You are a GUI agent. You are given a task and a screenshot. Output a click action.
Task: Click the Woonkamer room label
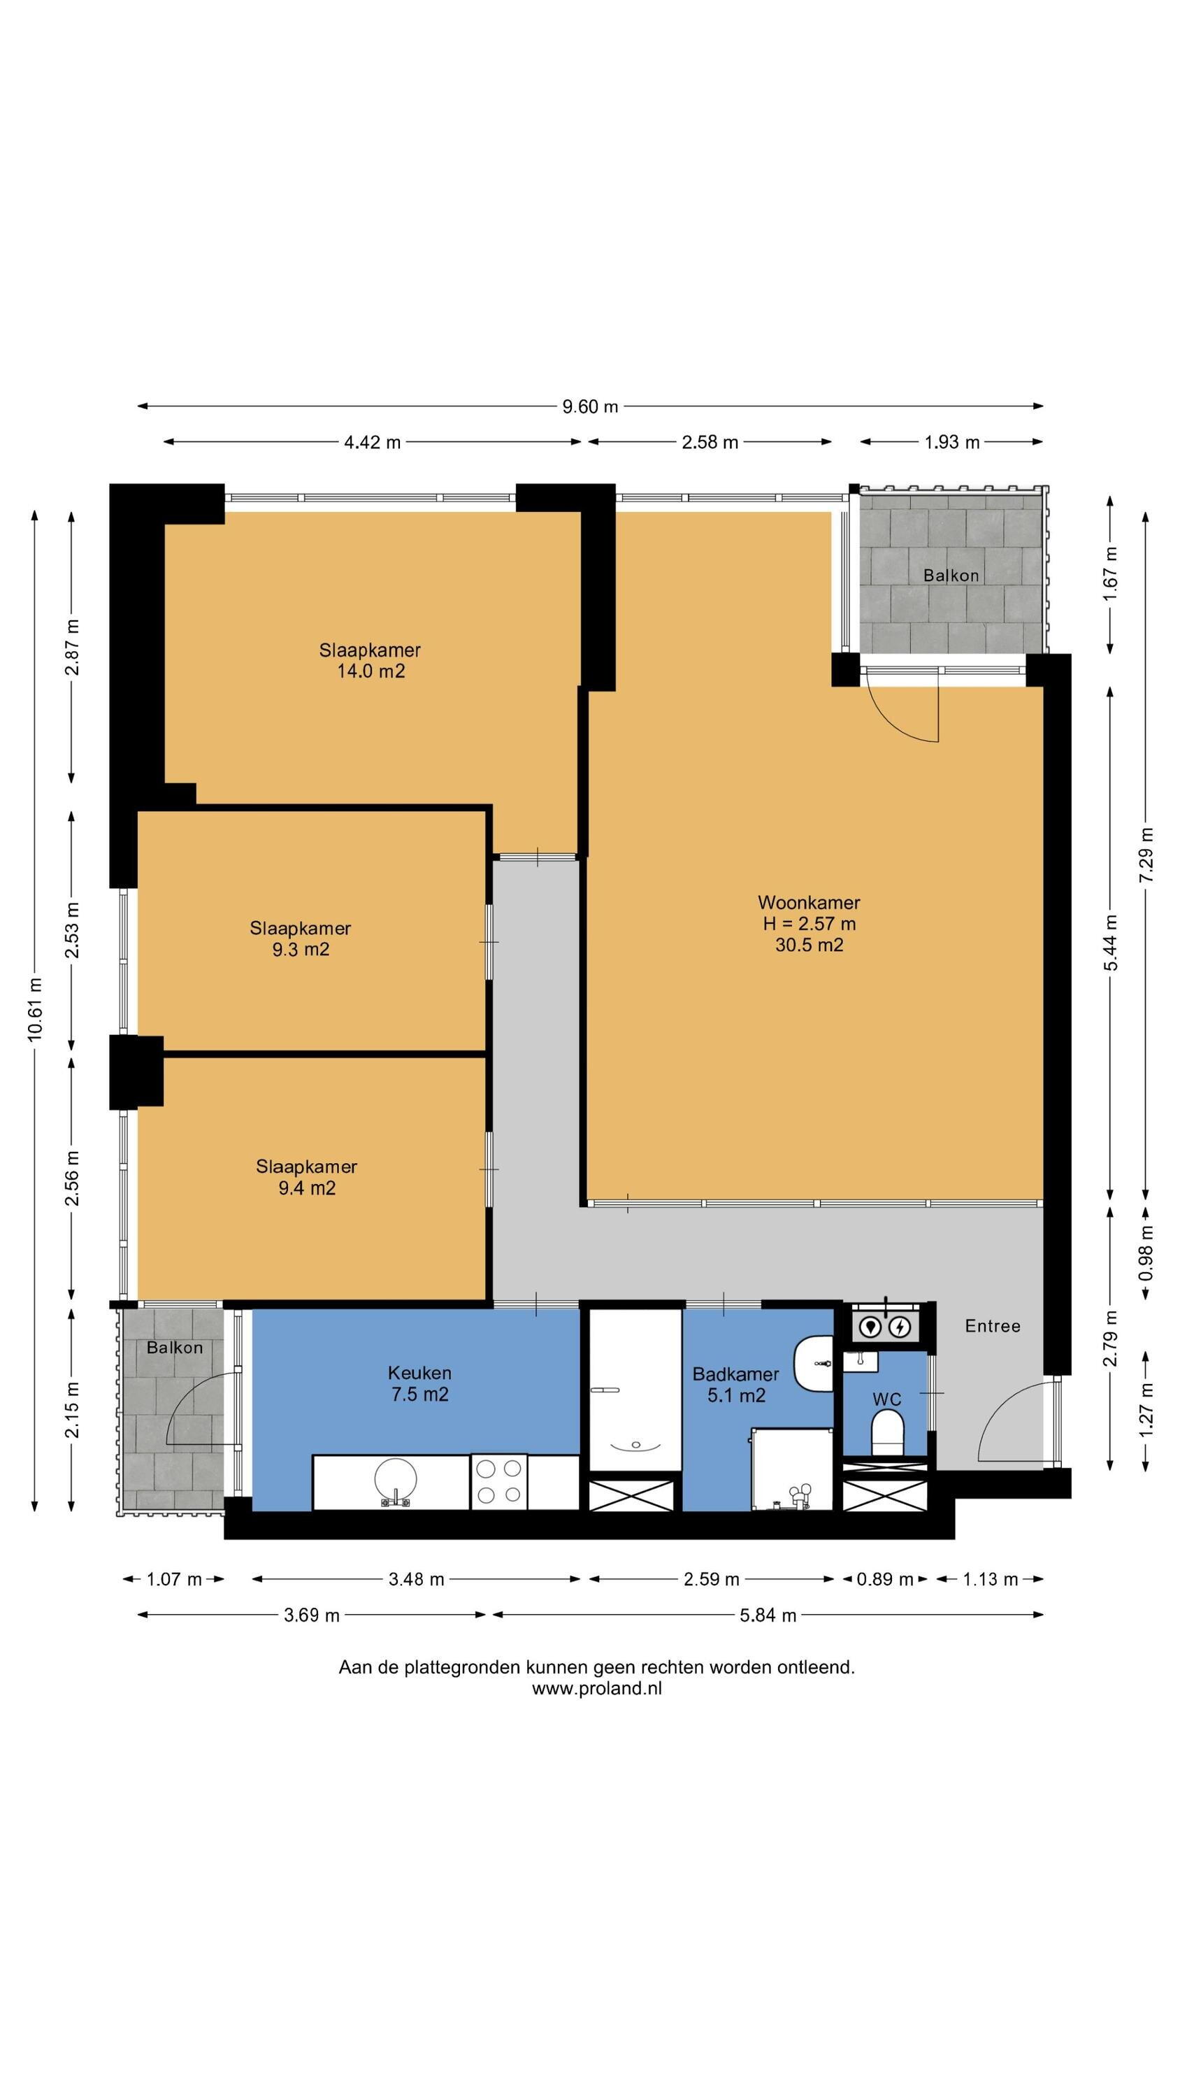pyautogui.click(x=808, y=901)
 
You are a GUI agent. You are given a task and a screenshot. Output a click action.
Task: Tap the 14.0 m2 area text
pyautogui.click(x=370, y=671)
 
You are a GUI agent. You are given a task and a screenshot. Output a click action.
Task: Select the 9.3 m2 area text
pyautogui.click(x=301, y=949)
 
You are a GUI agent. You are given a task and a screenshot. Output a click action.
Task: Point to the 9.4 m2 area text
pyautogui.click(x=307, y=1187)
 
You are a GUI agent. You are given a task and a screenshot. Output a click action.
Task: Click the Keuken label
pyautogui.click(x=419, y=1372)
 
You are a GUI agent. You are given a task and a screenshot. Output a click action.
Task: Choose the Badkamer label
pyautogui.click(x=735, y=1374)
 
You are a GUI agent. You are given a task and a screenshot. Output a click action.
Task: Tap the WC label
pyautogui.click(x=886, y=1399)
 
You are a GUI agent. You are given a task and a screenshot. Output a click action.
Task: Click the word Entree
pyautogui.click(x=992, y=1326)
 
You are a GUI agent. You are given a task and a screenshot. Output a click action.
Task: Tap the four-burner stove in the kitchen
pyautogui.click(x=498, y=1481)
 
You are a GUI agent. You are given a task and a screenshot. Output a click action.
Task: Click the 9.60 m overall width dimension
pyautogui.click(x=589, y=406)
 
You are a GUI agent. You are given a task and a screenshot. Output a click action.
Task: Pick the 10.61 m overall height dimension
pyautogui.click(x=34, y=1011)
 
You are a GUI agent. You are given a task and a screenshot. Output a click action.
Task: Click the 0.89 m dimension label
pyautogui.click(x=884, y=1579)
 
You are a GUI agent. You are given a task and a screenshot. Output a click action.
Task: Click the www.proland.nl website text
pyautogui.click(x=597, y=1688)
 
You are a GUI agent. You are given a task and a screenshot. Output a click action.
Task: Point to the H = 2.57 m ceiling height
pyautogui.click(x=809, y=924)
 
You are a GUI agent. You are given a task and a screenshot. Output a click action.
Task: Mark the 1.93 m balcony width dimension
pyautogui.click(x=951, y=441)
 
